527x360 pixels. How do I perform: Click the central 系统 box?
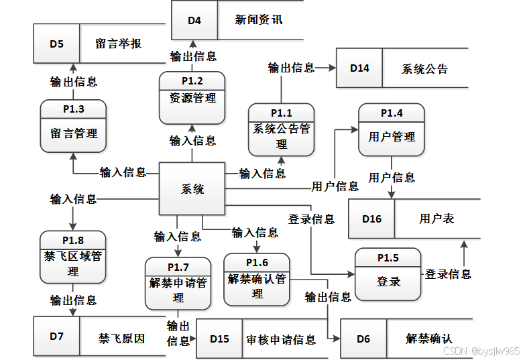tap(192, 189)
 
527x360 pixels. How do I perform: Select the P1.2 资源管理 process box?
tap(192, 98)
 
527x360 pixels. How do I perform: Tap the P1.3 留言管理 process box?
tap(73, 127)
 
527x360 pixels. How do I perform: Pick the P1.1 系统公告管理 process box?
tap(281, 129)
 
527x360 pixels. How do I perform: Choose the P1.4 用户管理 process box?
tap(391, 129)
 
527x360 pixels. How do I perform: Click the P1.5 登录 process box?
tap(388, 274)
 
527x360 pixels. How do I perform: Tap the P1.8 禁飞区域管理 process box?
tap(72, 257)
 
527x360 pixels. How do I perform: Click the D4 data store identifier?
tap(194, 20)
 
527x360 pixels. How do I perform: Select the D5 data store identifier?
tap(57, 44)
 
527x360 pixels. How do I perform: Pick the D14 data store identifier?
tap(359, 68)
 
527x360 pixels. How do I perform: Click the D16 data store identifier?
tap(371, 219)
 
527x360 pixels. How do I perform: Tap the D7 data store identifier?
tap(56, 336)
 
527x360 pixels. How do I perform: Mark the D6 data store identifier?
tap(363, 339)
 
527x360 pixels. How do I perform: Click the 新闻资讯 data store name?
tap(259, 20)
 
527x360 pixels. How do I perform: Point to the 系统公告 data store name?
tap(424, 69)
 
